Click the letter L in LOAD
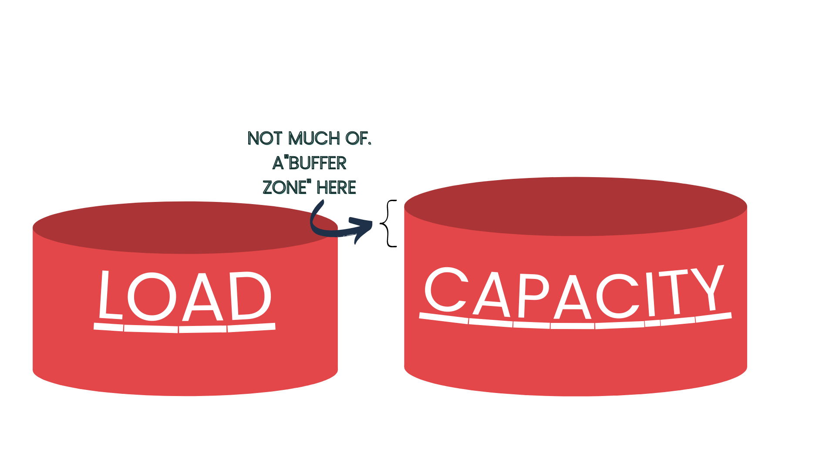click(109, 296)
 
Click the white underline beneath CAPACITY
click(575, 323)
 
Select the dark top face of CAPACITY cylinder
click(575, 207)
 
